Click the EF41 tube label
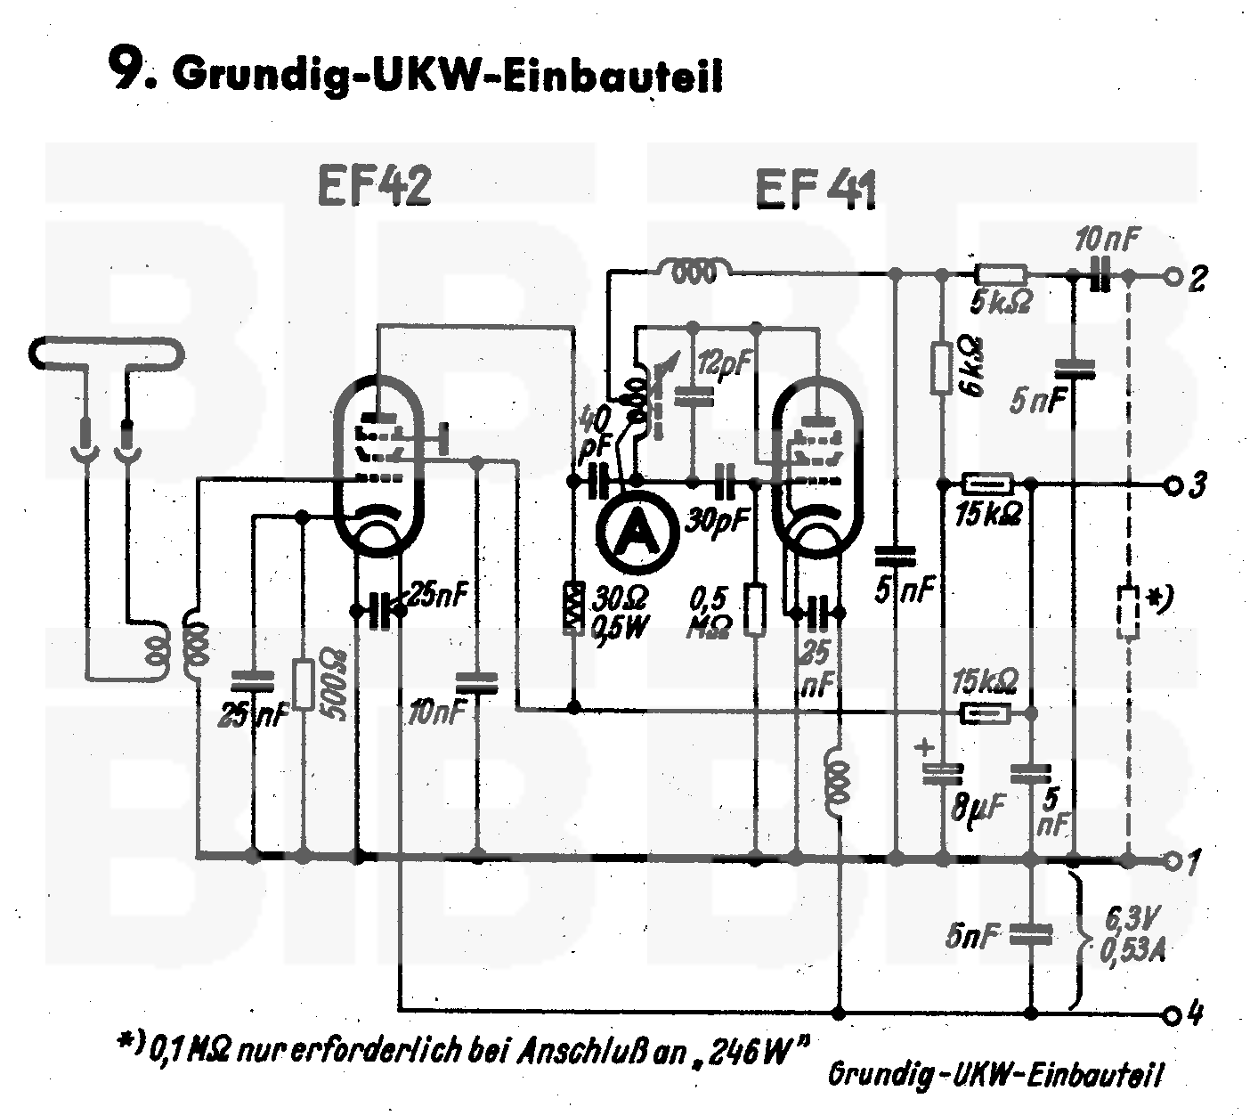click(816, 190)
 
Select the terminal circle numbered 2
click(1173, 278)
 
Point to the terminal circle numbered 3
click(1173, 485)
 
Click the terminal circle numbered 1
click(1173, 860)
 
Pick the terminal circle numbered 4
click(1173, 1013)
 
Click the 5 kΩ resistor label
click(1002, 304)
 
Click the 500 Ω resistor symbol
click(304, 684)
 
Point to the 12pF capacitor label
click(725, 362)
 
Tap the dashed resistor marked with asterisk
click(1128, 612)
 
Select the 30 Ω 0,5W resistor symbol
click(574, 608)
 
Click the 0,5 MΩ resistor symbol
click(756, 609)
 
